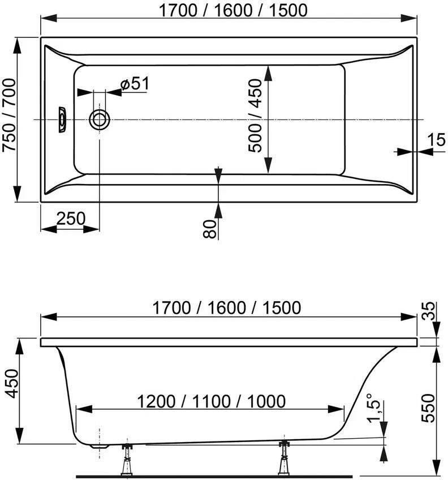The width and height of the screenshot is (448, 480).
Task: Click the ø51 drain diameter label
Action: (135, 84)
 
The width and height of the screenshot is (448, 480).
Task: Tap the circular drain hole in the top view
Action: (100, 119)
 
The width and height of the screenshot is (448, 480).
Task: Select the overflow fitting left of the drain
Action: (62, 119)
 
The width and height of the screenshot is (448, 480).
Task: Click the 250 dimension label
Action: (71, 218)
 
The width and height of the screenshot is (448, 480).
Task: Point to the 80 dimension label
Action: (209, 229)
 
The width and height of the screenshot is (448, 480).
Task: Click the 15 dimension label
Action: (436, 139)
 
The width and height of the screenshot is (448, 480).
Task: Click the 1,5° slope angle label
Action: (371, 408)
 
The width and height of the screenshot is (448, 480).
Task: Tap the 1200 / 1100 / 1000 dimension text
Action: (210, 401)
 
